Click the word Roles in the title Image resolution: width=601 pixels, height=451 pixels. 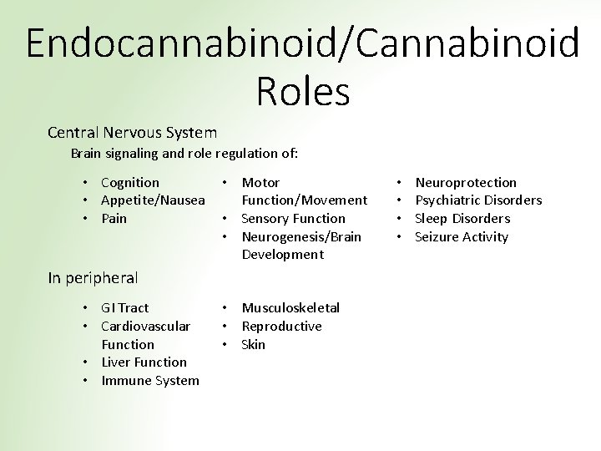coord(302,91)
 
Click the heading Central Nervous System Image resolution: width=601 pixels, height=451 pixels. coord(133,132)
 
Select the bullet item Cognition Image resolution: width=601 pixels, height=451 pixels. coord(129,182)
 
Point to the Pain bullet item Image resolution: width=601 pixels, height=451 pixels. coord(114,219)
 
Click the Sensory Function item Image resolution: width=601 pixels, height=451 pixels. coord(293,219)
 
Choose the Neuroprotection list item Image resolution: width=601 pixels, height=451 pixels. coord(466,182)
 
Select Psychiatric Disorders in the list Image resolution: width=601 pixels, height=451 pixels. coord(478,200)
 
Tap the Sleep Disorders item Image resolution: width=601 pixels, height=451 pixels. coord(462,219)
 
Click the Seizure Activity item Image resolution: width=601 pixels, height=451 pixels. coord(462,237)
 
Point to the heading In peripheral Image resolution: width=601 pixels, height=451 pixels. coord(93,278)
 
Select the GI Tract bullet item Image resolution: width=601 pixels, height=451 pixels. coord(125,308)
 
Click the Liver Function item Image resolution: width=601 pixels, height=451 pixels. coord(144,362)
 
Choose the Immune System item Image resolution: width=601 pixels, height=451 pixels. coord(150,381)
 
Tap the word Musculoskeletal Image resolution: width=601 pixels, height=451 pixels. coord(290,308)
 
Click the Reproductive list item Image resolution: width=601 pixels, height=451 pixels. coord(281,327)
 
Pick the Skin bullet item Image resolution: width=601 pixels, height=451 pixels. coord(253,345)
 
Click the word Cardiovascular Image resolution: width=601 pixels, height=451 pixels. coord(145,327)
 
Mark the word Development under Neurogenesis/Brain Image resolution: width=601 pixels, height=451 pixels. coord(282,255)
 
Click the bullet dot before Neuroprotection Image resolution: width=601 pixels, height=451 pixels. coord(399,182)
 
